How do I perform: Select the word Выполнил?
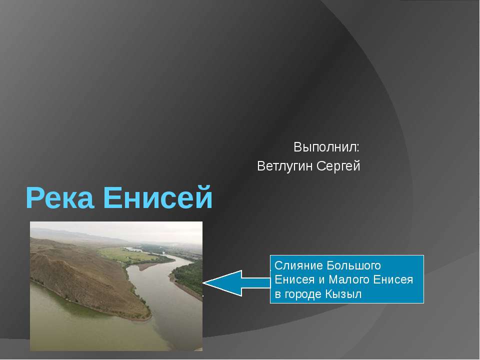pos(326,147)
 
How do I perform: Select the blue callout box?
pos(347,279)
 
